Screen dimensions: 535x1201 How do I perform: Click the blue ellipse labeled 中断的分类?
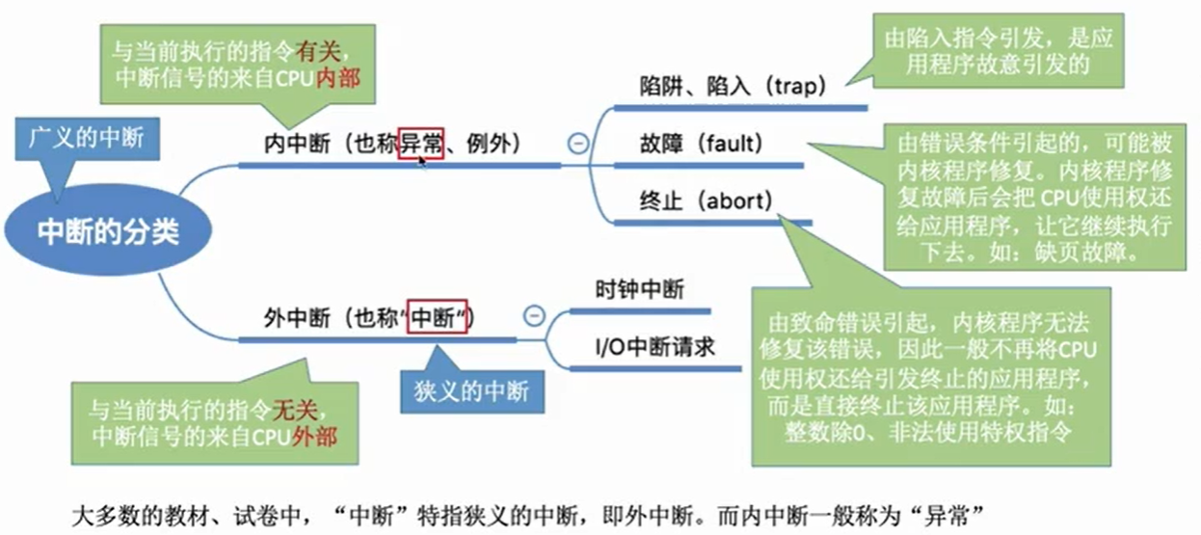108,231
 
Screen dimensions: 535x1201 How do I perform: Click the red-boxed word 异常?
421,145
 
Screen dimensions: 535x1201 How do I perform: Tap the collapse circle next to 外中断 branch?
533,315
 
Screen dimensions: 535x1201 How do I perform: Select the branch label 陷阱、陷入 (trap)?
734,86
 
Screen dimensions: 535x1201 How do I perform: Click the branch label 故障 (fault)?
701,144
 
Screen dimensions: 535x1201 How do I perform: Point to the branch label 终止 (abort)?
706,201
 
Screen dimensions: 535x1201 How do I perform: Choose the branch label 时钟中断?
639,288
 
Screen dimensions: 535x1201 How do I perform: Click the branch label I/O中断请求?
654,346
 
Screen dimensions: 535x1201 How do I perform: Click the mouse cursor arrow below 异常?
422,162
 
